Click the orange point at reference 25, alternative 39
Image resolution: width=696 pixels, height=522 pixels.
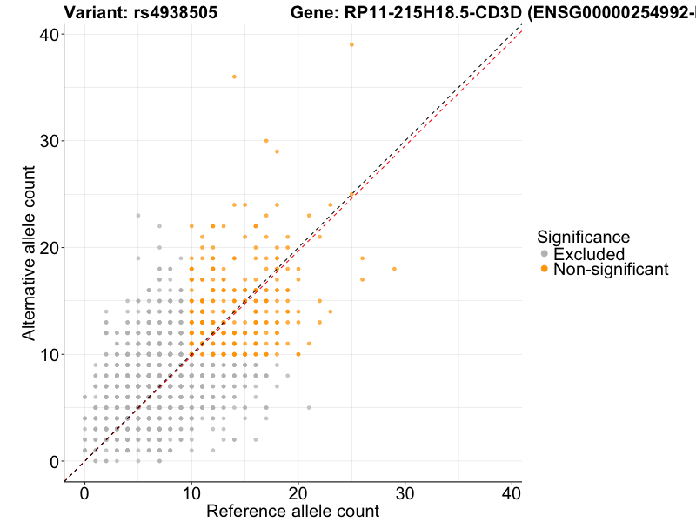(351, 44)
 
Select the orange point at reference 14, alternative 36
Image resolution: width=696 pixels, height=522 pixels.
(234, 77)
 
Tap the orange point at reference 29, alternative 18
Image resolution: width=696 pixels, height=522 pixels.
(394, 269)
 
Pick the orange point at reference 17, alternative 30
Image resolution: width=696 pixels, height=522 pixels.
(266, 141)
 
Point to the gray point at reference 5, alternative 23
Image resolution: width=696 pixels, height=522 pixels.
(137, 215)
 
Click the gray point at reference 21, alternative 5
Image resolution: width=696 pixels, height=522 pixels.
(309, 407)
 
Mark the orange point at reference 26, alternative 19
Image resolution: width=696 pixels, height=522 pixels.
(362, 258)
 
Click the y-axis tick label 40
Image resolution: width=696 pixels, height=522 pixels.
(49, 34)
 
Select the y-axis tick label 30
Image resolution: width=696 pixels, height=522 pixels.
(49, 141)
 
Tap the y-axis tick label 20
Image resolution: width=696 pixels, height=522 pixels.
(49, 247)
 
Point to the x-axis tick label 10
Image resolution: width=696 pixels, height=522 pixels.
(191, 493)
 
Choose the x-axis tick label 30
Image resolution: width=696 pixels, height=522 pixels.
(405, 493)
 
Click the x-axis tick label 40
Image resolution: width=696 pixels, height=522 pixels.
(512, 493)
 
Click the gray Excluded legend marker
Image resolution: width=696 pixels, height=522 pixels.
(545, 254)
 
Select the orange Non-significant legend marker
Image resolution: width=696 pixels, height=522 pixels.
(545, 270)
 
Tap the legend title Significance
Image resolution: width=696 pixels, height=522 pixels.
(583, 237)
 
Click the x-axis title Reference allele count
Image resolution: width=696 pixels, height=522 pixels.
(292, 511)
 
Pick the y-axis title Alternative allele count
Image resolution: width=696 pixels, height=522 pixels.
(29, 252)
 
